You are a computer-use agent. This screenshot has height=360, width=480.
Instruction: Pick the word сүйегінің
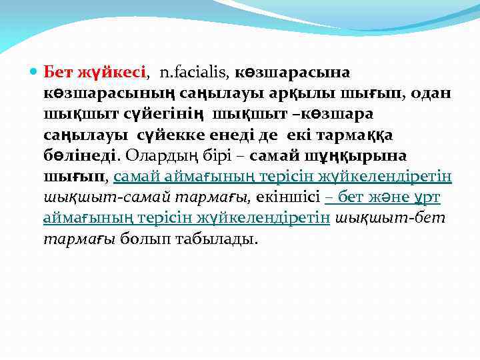pos(174,114)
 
